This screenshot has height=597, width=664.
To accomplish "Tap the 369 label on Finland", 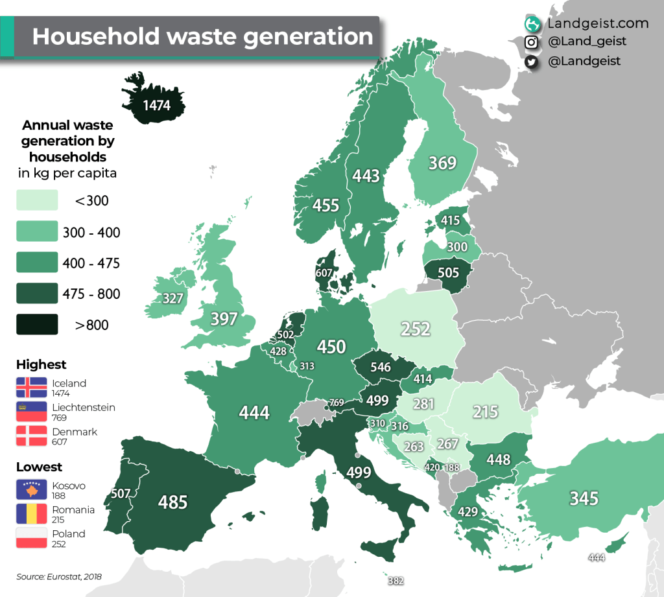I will (443, 163).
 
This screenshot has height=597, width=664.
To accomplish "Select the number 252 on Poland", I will (415, 329).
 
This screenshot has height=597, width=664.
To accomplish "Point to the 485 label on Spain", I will (173, 502).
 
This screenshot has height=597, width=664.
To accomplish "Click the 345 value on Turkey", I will (584, 498).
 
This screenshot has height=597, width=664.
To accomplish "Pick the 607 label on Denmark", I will (324, 274).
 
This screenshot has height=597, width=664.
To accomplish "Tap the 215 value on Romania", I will (485, 412).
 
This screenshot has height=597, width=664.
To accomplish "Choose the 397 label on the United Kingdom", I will (224, 319).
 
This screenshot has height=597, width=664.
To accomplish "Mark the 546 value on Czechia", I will (381, 367).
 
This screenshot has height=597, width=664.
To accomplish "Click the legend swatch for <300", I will (38, 200).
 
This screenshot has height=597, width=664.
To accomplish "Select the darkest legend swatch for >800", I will (38, 325).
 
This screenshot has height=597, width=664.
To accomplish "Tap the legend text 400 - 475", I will (91, 263).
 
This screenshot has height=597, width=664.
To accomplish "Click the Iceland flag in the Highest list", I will (32, 387).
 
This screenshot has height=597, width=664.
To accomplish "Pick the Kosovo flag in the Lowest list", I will (32, 490).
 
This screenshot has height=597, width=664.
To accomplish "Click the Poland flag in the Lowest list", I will (32, 538).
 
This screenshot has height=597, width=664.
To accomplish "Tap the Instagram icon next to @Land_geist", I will (532, 42).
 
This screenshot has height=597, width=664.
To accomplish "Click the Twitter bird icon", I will (532, 61).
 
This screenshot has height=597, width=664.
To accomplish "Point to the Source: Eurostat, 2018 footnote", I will (59, 576).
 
